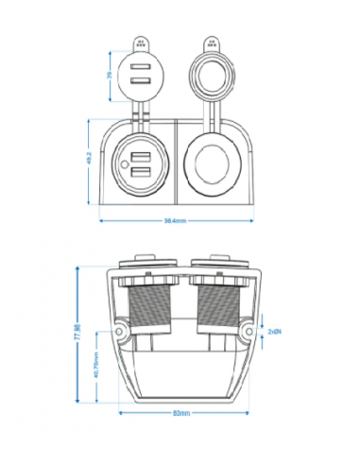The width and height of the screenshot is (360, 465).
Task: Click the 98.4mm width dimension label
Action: coord(174,220)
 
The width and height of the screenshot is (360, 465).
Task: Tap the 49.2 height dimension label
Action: coord(89,162)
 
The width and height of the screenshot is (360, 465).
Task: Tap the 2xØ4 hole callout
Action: coord(273,332)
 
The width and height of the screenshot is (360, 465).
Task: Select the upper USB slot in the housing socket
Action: coord(142,158)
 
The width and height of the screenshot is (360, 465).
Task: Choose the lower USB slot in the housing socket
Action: coord(142,172)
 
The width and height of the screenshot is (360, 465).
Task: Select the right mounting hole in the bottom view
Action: coord(246,332)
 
